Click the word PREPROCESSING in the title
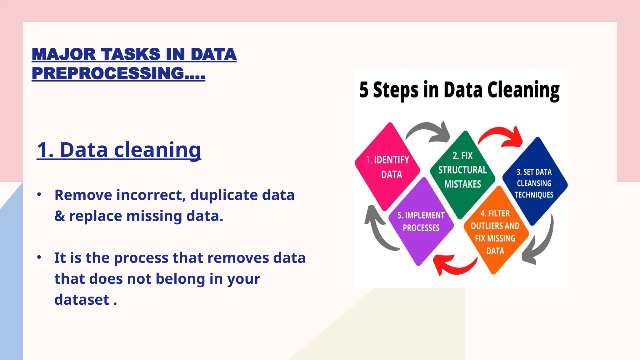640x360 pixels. [x=108, y=73]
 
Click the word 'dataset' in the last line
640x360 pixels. [x=82, y=300]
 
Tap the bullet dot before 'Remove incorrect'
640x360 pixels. [x=39, y=194]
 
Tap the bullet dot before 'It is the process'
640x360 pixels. [x=39, y=257]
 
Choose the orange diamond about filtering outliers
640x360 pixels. [x=495, y=231]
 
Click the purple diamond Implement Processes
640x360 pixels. [x=421, y=222]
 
